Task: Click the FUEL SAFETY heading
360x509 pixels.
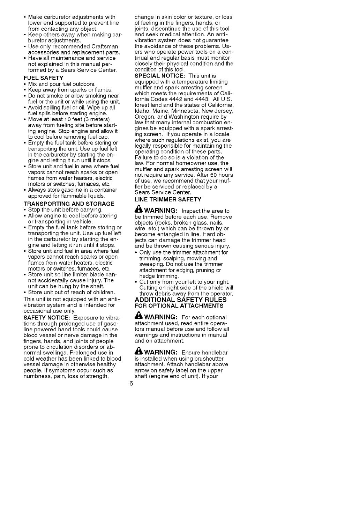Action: [43, 78]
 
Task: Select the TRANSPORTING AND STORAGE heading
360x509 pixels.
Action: [69, 204]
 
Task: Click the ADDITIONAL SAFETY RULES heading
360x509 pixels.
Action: [180, 300]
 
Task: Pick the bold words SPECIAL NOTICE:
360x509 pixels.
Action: [159, 76]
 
